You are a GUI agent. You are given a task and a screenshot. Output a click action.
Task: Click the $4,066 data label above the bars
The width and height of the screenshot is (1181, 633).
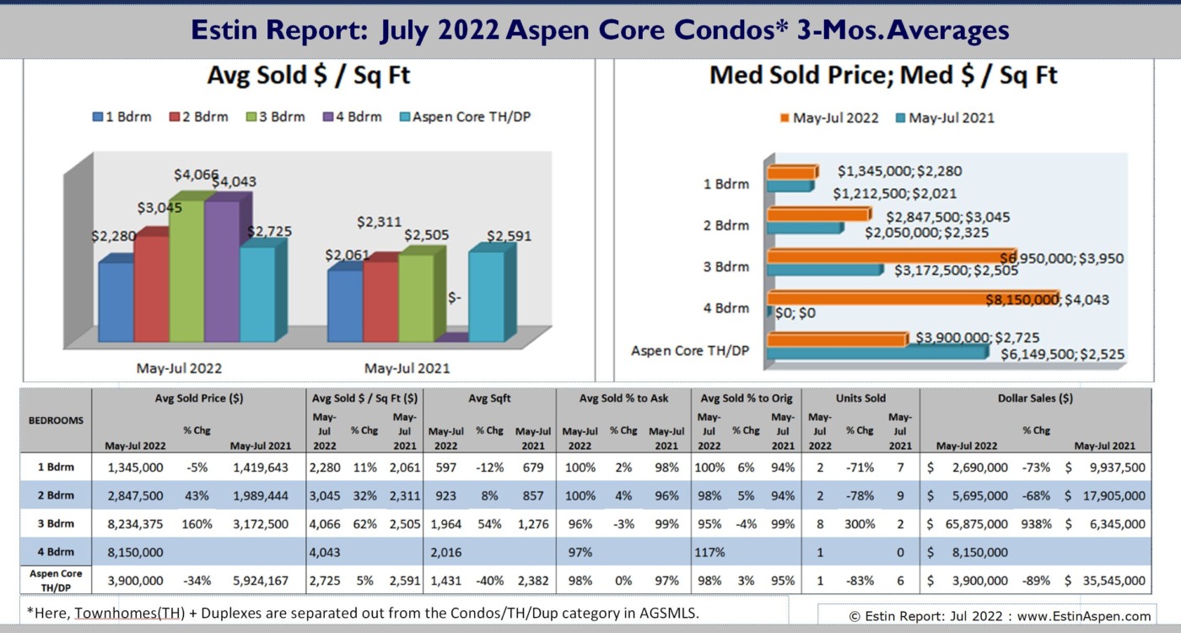click(x=197, y=175)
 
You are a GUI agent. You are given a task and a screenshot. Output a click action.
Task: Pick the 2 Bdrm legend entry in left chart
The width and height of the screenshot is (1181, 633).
click(x=199, y=116)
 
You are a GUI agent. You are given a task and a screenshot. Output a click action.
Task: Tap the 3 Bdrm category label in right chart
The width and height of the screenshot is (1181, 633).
click(x=726, y=267)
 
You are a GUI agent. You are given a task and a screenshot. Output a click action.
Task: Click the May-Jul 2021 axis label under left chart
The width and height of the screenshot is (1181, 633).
click(x=407, y=368)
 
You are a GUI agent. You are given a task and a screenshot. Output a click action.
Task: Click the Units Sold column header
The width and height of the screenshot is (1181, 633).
click(x=860, y=398)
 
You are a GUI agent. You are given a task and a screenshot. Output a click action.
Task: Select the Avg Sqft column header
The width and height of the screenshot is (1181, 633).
click(x=489, y=398)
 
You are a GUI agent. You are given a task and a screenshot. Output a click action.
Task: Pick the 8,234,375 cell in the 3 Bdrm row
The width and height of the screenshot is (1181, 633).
click(x=136, y=523)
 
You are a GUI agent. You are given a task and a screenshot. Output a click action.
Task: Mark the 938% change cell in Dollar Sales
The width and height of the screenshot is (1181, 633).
click(x=1036, y=523)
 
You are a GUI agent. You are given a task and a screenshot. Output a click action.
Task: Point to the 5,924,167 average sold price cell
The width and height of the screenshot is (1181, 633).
click(x=259, y=582)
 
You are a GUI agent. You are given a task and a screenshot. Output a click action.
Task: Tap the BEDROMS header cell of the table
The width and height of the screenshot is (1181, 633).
click(x=56, y=419)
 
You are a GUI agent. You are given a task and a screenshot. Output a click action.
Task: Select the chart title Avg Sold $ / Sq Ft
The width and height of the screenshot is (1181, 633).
click(x=308, y=76)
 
